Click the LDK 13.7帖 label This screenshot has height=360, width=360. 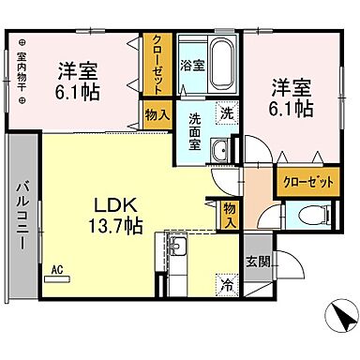coord(115,215)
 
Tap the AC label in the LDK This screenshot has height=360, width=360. coord(56,270)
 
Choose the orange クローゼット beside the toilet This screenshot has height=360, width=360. coord(306,182)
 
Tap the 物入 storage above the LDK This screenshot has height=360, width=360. coord(156,114)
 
